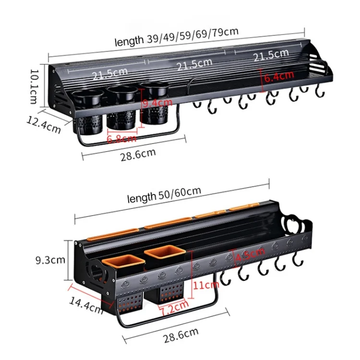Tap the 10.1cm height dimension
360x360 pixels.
pyautogui.click(x=33, y=86)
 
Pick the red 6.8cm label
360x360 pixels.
pyautogui.click(x=121, y=139)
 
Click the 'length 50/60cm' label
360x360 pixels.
pyautogui.click(x=164, y=195)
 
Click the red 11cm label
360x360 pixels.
pyautogui.click(x=205, y=284)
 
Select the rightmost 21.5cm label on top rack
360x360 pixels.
pyautogui.click(x=271, y=56)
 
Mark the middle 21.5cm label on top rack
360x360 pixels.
pyautogui.click(x=194, y=63)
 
